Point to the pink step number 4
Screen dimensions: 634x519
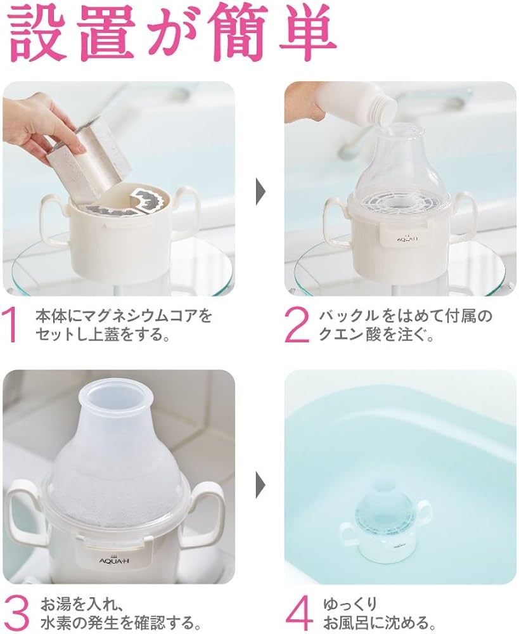298,612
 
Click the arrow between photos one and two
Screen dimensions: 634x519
260,191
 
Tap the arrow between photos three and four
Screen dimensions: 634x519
260,484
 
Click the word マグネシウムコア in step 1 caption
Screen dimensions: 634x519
141,315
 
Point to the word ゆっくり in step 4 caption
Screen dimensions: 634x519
350,604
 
